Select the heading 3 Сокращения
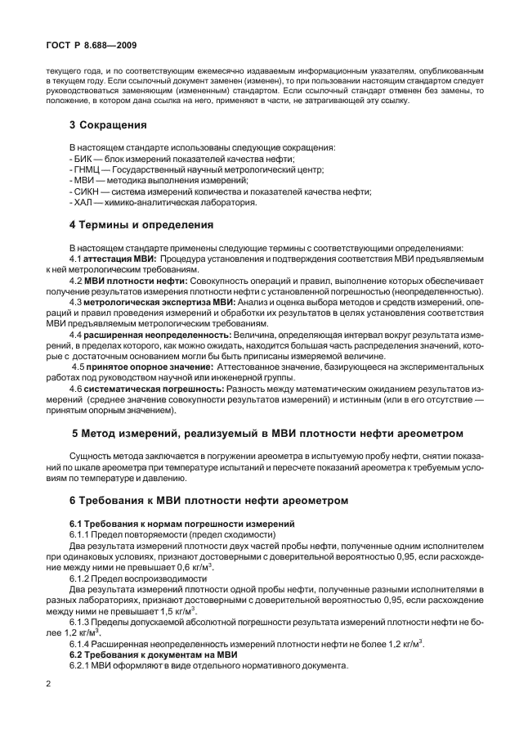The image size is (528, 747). [x=108, y=125]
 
